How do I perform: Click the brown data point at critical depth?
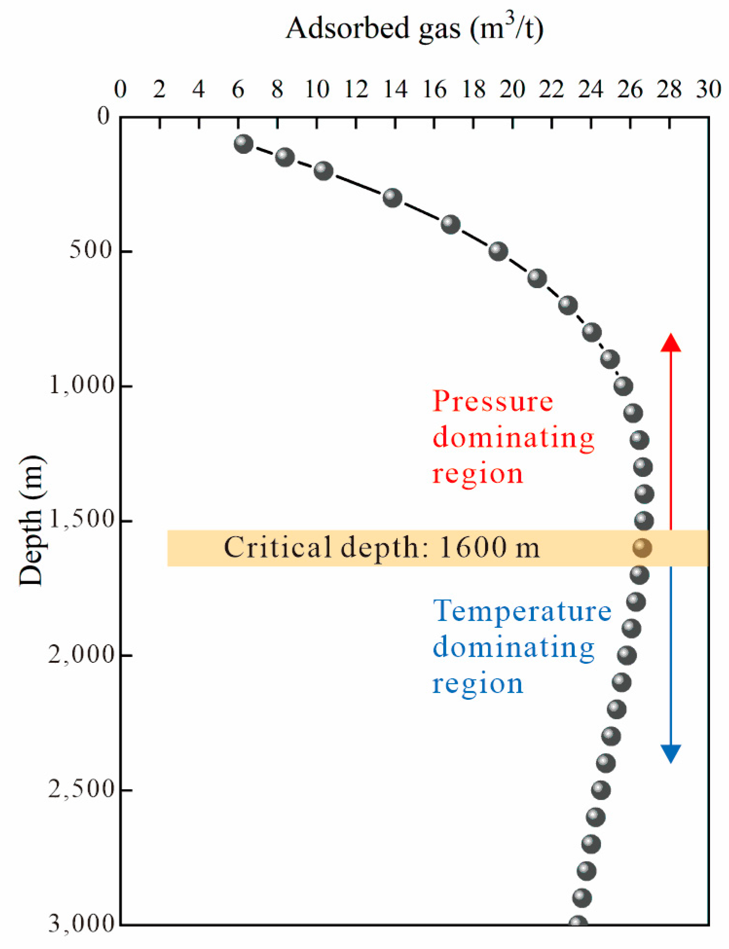tap(642, 547)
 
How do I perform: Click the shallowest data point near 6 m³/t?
tap(243, 144)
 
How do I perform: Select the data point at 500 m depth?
tap(498, 251)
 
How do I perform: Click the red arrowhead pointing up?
tap(671, 343)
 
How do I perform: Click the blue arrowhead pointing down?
tap(671, 753)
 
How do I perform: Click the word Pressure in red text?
tap(492, 402)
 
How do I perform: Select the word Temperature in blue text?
tap(522, 611)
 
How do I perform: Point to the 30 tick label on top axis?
tap(708, 90)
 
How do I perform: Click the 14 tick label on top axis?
tap(395, 90)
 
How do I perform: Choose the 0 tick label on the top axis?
tap(120, 90)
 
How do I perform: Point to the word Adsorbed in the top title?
tap(347, 28)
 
